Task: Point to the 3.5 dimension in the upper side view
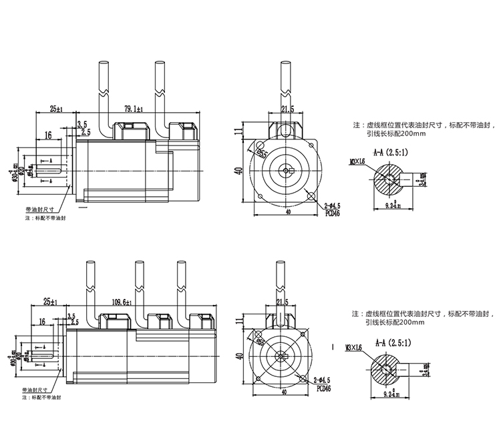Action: (82, 124)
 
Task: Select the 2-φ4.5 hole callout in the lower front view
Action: (323, 378)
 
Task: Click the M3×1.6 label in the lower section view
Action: (355, 348)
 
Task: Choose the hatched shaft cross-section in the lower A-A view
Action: (387, 370)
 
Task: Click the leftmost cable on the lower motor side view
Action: (92, 288)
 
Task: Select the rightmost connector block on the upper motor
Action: (184, 131)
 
